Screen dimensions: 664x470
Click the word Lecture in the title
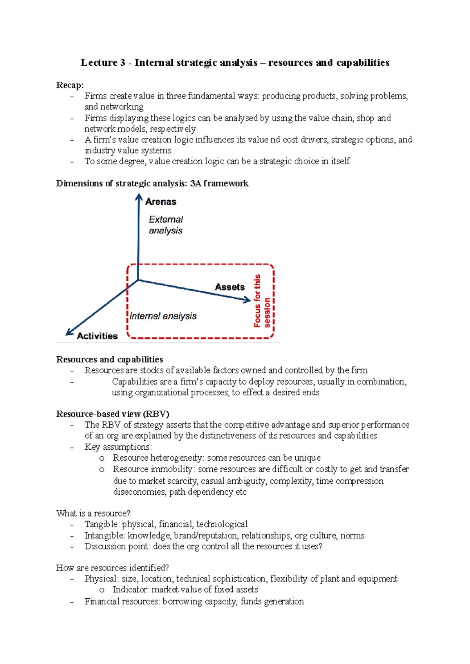(x=99, y=63)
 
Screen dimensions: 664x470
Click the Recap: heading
(x=70, y=85)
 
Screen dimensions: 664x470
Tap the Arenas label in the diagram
(x=161, y=202)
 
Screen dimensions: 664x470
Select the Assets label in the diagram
(x=230, y=287)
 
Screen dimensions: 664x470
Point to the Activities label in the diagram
(x=97, y=336)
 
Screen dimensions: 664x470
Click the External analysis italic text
(x=166, y=225)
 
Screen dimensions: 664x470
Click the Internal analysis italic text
(x=163, y=316)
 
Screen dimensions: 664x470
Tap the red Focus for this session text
(x=262, y=301)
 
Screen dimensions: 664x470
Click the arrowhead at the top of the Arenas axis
(x=139, y=197)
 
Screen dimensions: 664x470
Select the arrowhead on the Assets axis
(x=247, y=300)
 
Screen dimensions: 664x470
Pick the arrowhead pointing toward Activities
(x=69, y=332)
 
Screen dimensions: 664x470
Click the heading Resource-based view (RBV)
(x=112, y=414)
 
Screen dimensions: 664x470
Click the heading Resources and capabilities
(x=109, y=359)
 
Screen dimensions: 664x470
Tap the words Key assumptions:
(x=118, y=447)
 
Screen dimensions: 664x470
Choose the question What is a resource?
(x=93, y=513)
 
